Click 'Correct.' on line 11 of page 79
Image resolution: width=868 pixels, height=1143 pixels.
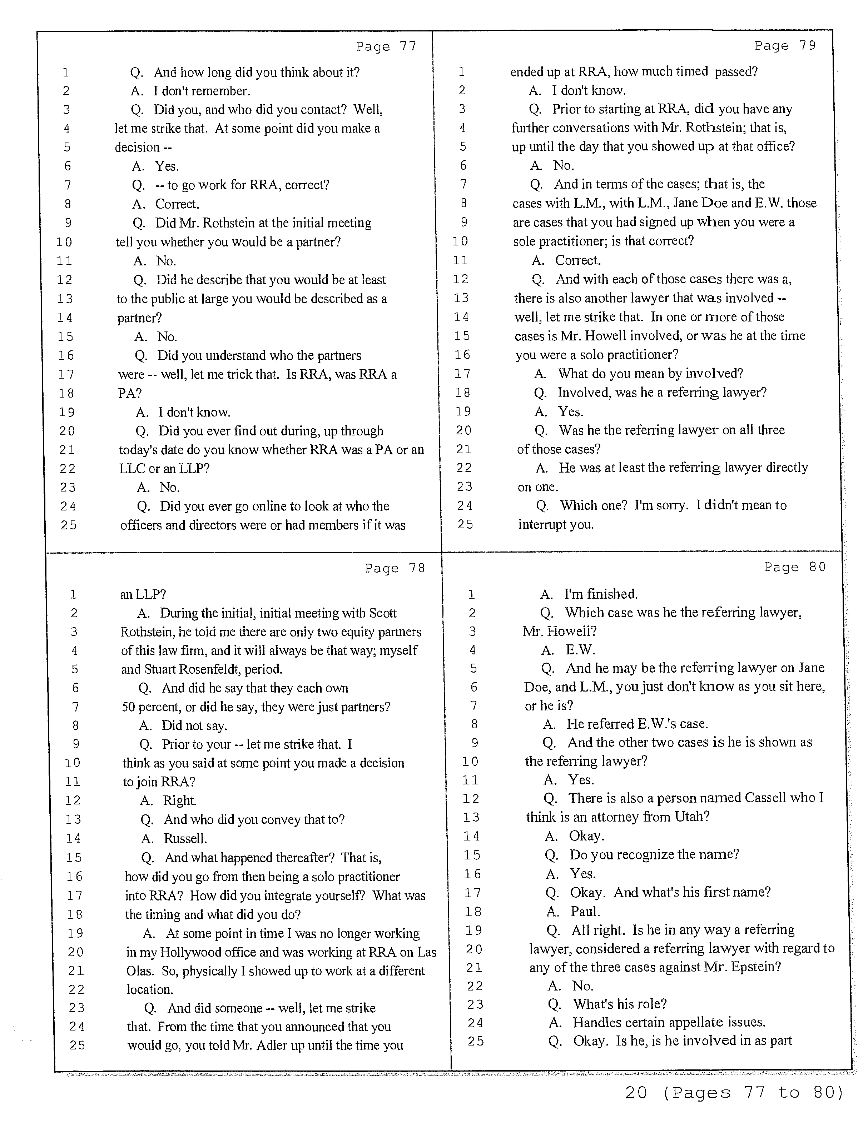[578, 260]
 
